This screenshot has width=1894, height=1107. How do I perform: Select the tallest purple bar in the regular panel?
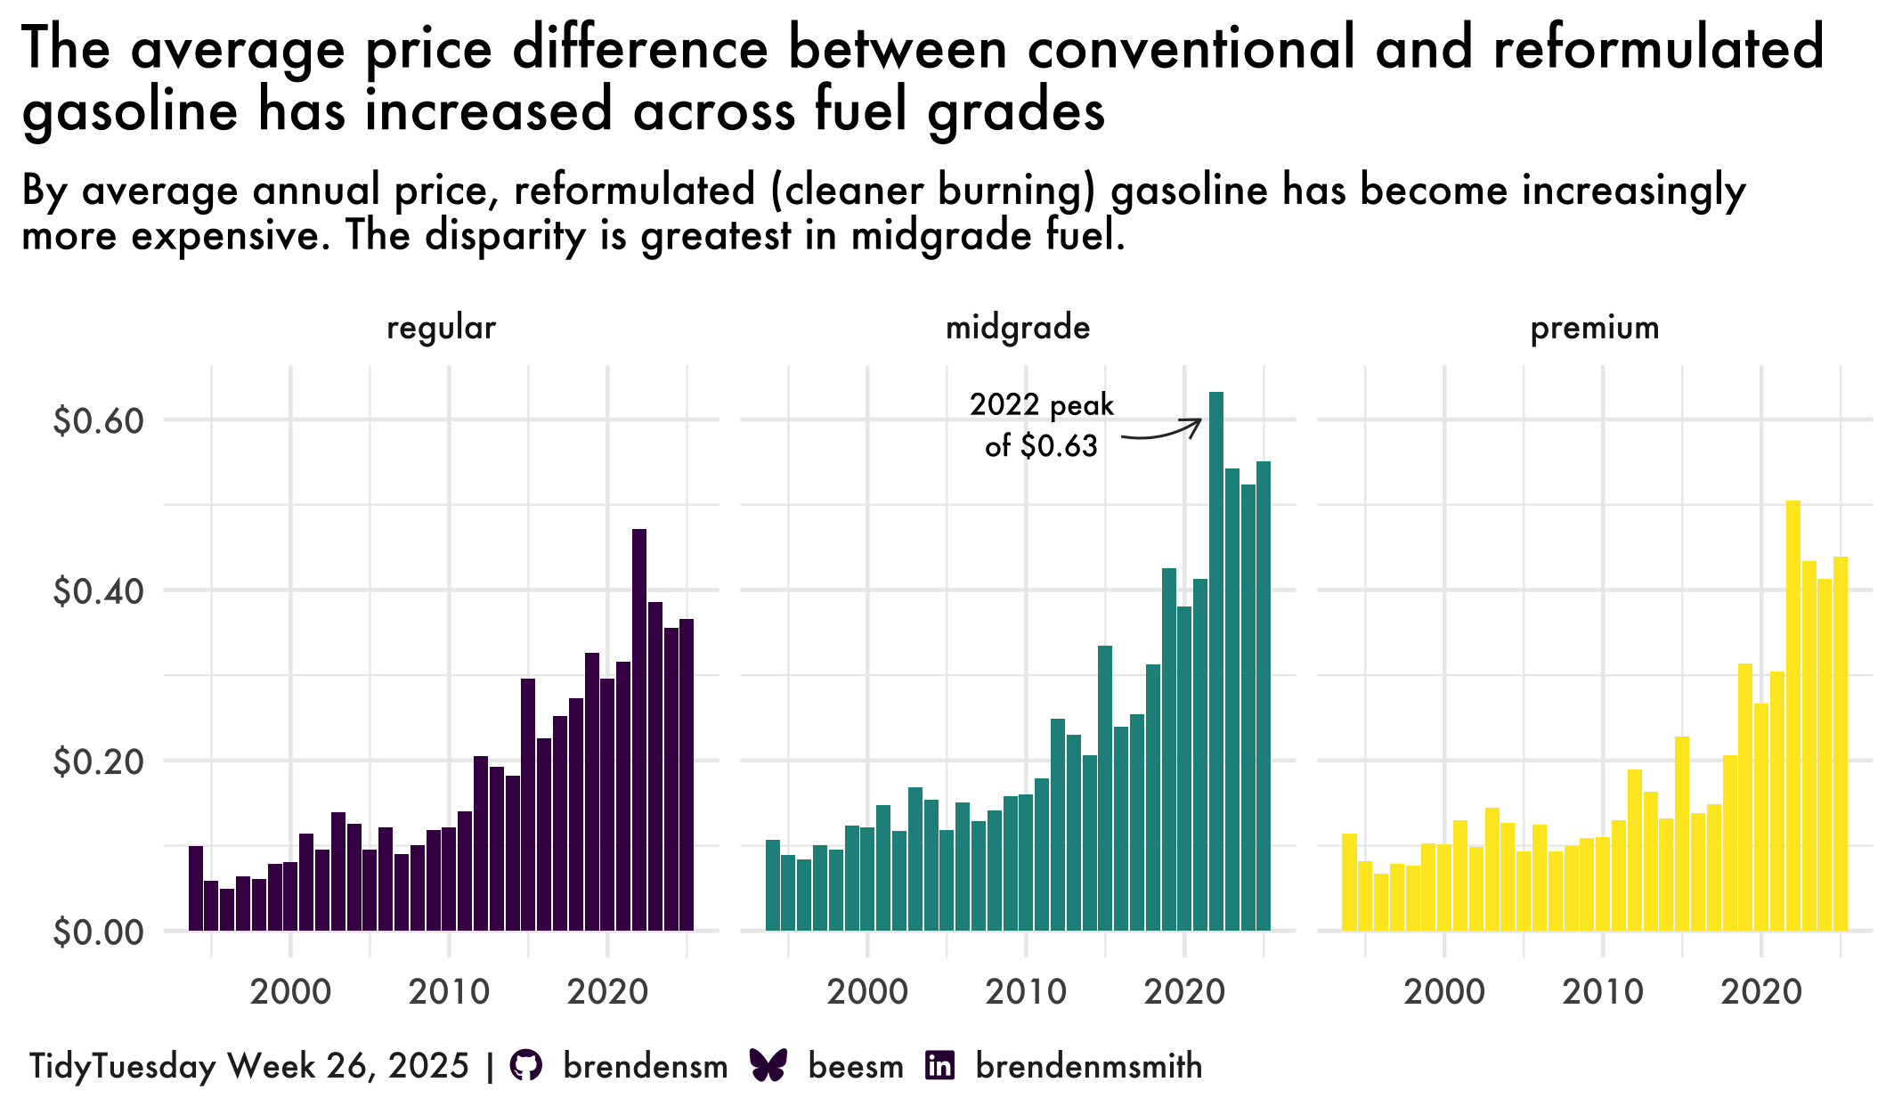638,729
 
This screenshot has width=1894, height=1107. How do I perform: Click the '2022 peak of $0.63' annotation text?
1041,425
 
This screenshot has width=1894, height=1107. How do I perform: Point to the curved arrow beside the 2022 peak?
1161,430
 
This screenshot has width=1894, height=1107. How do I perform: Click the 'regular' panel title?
441,328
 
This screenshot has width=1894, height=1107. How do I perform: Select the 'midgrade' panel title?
1017,328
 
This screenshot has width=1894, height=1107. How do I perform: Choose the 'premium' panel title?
1594,328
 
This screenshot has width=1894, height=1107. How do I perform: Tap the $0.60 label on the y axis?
98,420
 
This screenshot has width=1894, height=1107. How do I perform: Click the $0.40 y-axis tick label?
98,591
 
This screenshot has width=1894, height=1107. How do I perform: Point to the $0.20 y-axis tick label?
98,761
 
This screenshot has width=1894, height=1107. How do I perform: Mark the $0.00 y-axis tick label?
98,932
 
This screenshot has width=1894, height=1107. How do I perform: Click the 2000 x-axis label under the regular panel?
290,991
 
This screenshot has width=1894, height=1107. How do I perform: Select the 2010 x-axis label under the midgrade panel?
1026,991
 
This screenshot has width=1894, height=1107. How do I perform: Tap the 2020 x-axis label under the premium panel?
1760,991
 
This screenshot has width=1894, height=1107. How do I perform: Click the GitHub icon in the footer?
526,1065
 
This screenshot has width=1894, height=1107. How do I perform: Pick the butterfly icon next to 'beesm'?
768,1065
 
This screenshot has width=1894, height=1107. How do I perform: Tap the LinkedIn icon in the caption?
940,1065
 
